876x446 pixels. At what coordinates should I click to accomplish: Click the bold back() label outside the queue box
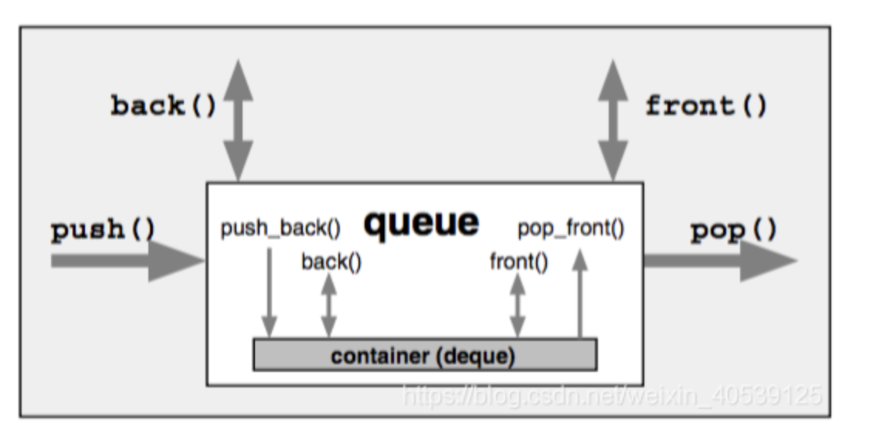click(x=164, y=106)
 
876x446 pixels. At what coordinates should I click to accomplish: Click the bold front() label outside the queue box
click(x=706, y=106)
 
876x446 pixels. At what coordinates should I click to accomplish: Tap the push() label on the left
click(x=104, y=230)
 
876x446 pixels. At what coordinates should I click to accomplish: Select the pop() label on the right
click(x=733, y=230)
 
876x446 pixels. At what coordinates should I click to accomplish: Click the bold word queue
click(x=421, y=223)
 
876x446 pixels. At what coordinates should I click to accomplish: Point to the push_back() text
click(x=280, y=229)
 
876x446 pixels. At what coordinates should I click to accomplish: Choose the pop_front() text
click(x=571, y=229)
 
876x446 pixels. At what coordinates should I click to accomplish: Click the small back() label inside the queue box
click(x=331, y=262)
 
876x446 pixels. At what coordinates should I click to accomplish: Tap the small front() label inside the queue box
click(x=519, y=262)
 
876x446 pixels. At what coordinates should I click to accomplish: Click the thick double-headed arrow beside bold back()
click(x=238, y=120)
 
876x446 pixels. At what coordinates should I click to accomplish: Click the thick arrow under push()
click(x=128, y=261)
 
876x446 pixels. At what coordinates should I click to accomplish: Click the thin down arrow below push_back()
click(x=270, y=293)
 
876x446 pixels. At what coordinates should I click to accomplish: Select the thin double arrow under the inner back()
click(x=329, y=306)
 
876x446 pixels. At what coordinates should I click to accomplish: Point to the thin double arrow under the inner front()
click(x=518, y=306)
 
